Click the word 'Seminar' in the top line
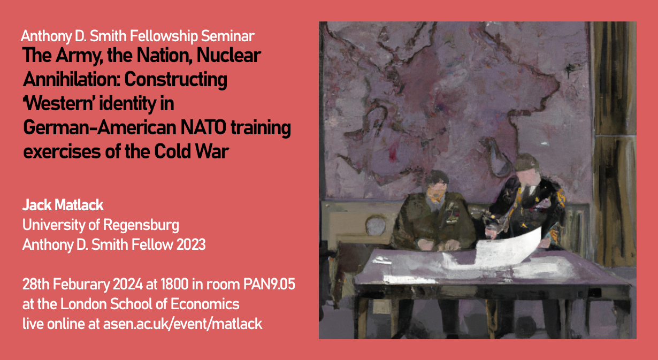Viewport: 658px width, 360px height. point(228,36)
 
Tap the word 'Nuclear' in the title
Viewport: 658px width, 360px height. point(229,55)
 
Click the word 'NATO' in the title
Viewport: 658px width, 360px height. point(203,128)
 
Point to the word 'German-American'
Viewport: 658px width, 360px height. point(100,128)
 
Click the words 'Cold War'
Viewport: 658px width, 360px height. point(192,151)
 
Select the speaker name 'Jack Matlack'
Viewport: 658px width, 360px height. point(63,205)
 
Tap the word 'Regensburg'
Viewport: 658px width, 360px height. point(141,226)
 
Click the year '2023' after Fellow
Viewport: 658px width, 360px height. point(191,244)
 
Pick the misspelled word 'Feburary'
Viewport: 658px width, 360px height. point(81,285)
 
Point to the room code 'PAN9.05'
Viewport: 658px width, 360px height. point(269,284)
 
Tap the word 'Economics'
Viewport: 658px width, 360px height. point(205,304)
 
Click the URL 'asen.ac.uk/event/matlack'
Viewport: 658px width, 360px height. point(183,324)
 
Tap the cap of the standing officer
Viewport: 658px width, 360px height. point(527,163)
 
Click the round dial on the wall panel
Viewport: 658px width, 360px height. point(376,226)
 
